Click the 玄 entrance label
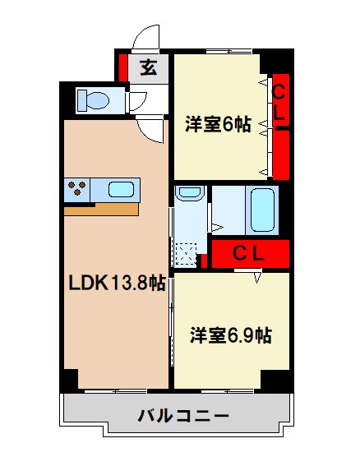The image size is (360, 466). pos(148,68)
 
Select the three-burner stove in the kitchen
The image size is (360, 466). pos(76,189)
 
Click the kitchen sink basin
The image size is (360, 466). pos(121,190)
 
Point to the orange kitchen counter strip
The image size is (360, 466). pos(100,209)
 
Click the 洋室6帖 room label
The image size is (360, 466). pos(217,125)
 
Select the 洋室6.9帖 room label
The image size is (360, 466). pos(231,335)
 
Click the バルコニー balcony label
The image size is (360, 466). pos(177,415)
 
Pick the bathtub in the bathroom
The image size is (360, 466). pos(262,210)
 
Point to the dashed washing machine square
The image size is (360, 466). pos(188,254)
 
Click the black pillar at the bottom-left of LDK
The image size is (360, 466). pos(69,381)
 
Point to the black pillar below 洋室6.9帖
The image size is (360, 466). pos(275,380)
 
